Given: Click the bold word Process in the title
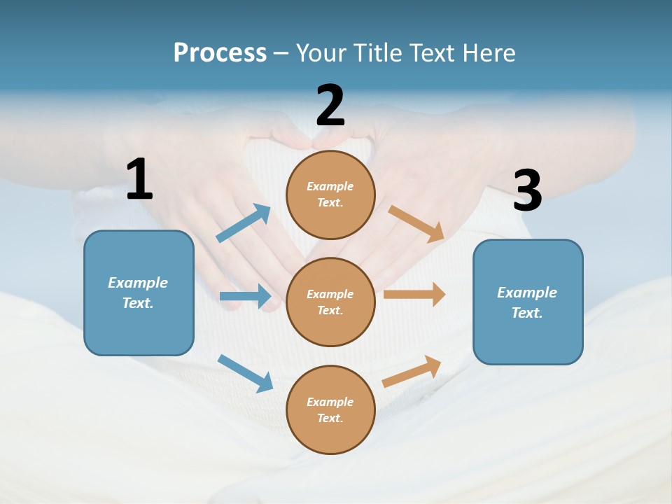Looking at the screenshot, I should point(220,53).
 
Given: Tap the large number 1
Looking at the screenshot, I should point(139,179).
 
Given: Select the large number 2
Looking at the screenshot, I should point(330,106).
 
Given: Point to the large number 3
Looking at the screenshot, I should point(528,191).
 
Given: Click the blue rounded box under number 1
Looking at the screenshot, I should point(139,293).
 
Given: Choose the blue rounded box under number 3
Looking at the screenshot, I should point(528,302).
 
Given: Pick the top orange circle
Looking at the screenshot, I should point(330,195).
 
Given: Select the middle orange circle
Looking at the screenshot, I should point(330,302).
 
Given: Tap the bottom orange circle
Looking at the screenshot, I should point(330,409).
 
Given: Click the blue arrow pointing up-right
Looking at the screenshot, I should point(244,223).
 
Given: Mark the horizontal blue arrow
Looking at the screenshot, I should point(245,296).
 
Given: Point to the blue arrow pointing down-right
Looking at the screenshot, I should point(245,372).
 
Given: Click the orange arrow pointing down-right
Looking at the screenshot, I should point(416,224).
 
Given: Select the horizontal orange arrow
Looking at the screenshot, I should point(414,295).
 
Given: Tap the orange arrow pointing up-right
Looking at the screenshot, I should point(412,371).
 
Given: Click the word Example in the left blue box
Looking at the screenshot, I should point(138,283).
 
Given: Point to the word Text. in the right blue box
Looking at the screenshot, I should point(527,313).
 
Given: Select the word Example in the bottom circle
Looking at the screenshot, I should point(330,402).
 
